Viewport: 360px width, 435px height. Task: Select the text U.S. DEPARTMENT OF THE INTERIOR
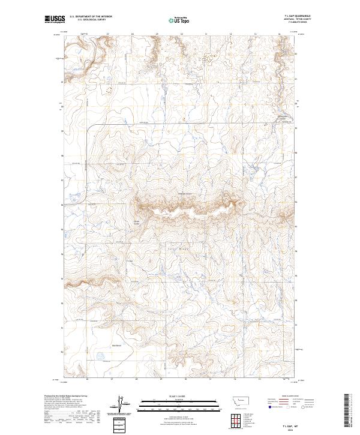(91, 17)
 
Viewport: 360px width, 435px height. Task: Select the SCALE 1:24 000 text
(180, 396)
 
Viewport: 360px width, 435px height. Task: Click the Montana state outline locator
(235, 400)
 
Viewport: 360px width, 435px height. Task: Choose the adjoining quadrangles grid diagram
(235, 419)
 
